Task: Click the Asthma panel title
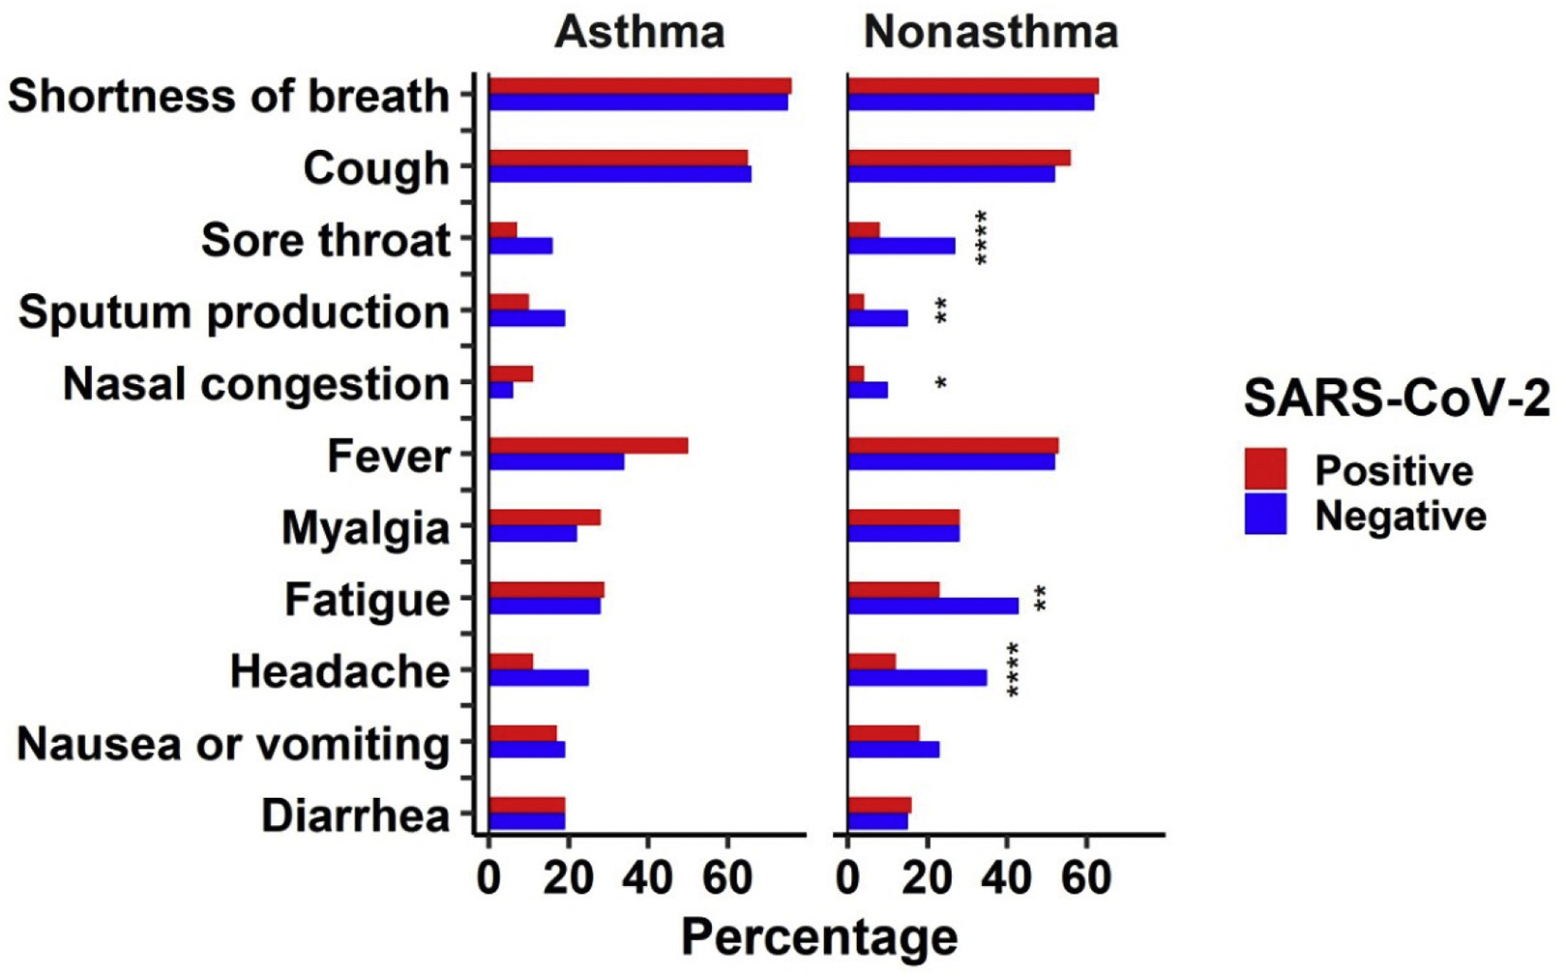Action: (x=639, y=32)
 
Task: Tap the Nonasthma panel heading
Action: (x=990, y=32)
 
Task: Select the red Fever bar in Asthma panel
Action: (x=588, y=446)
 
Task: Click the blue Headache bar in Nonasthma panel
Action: (x=917, y=678)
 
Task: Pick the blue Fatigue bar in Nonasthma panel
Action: (x=932, y=607)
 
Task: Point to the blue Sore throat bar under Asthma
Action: (x=520, y=247)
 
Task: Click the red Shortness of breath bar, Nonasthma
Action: (x=972, y=86)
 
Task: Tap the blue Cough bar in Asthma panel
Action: (x=619, y=175)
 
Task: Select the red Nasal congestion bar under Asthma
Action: (x=511, y=374)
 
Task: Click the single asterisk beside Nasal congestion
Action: (x=940, y=384)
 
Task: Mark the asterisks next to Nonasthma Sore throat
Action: (x=981, y=238)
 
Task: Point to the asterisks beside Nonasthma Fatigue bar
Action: (x=1040, y=599)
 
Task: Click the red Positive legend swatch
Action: (x=1265, y=469)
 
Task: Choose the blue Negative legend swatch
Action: (x=1265, y=515)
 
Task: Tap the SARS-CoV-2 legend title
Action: (x=1396, y=398)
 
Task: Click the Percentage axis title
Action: (x=819, y=937)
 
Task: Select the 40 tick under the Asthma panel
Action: (x=647, y=878)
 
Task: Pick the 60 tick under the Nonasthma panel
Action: (x=1086, y=878)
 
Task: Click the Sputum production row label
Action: (x=234, y=312)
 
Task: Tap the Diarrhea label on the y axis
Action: (x=356, y=815)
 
